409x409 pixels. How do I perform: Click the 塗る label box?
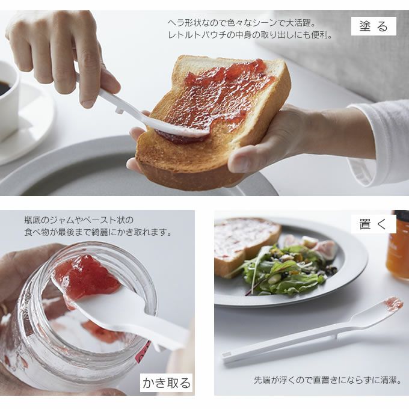pos(374,26)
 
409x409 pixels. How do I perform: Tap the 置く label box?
pos(374,224)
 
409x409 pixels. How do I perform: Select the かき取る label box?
pos(166,383)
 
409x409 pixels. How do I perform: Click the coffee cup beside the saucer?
pos(8,99)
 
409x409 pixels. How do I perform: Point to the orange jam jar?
pos(398,245)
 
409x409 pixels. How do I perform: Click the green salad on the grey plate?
pos(284,271)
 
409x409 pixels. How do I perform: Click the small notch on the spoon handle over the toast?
pos(120,110)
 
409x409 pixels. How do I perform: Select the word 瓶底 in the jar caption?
pos(32,220)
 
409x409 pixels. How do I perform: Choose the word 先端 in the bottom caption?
pos(263,380)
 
